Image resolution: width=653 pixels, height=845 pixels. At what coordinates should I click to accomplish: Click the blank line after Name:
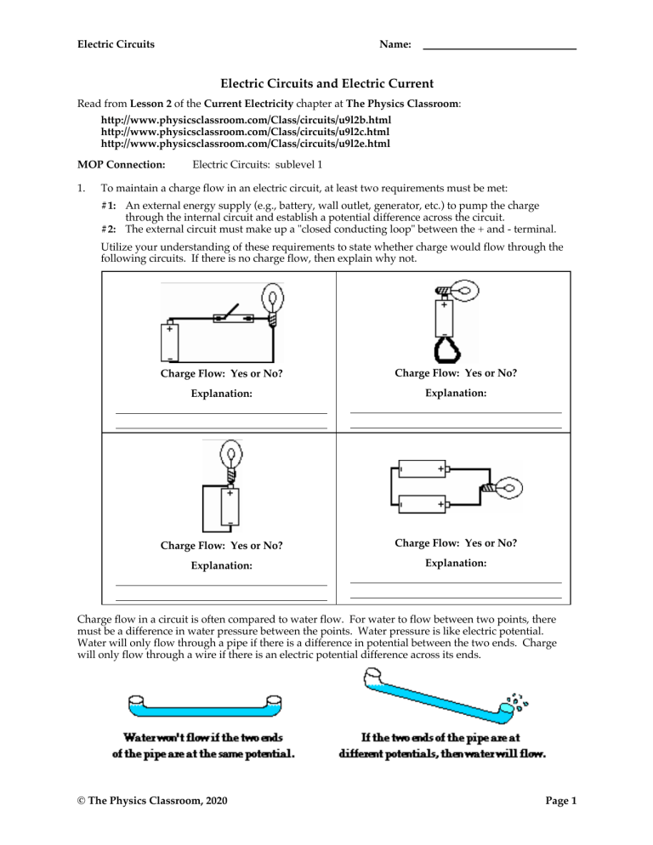coord(499,44)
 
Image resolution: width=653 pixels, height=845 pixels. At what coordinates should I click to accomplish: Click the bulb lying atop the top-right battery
coord(457,290)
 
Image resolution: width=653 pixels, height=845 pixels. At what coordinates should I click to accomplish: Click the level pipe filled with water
coord(202,706)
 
